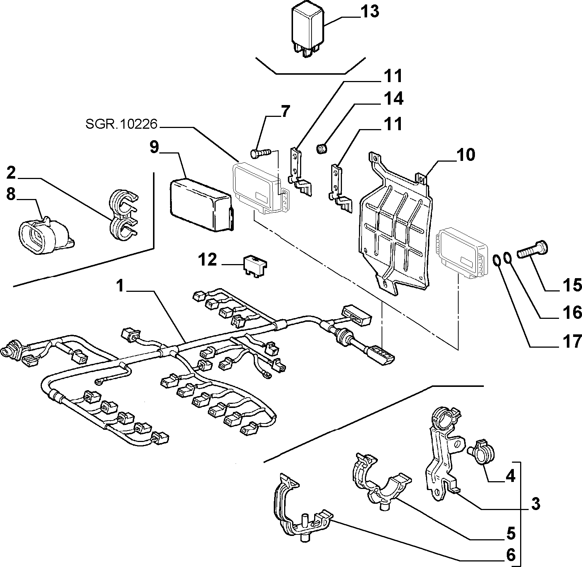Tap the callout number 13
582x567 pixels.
tap(370, 12)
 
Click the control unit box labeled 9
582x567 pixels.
tap(202, 205)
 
